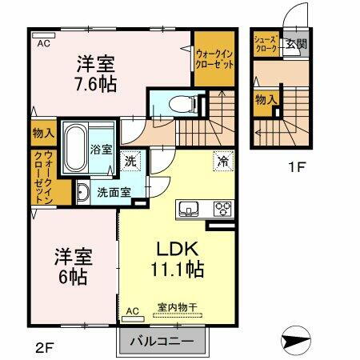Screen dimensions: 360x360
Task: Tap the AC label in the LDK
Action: [133, 310]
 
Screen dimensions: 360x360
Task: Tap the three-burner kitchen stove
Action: [221, 210]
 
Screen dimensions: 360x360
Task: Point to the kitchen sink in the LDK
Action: [190, 210]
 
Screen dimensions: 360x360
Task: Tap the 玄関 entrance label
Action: [296, 44]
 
